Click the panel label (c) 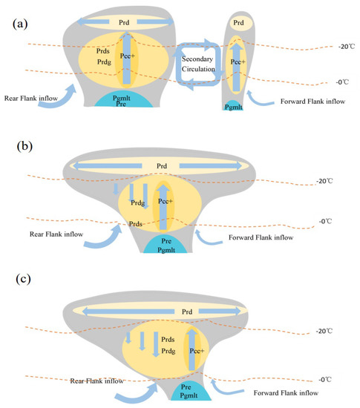(x=27, y=281)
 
